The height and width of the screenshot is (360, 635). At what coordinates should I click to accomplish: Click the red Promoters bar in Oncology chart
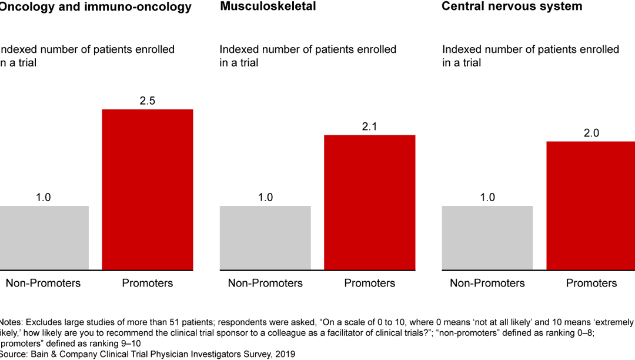point(148,189)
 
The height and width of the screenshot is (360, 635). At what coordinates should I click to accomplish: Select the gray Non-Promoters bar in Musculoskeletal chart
point(265,238)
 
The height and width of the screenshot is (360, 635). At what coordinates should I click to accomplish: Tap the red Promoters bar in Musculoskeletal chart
point(370,202)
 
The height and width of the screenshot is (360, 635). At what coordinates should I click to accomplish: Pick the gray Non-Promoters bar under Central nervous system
point(487,238)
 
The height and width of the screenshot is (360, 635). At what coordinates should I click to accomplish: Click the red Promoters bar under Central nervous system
point(591,205)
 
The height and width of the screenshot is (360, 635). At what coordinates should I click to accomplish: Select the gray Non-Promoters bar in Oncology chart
point(44,238)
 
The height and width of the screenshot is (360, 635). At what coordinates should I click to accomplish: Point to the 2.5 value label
point(148,101)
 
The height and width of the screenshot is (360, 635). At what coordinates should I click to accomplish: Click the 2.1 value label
point(370,126)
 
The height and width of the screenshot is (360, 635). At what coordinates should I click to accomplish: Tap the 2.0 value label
point(591,133)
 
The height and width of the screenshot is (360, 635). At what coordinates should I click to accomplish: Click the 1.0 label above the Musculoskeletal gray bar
point(265,197)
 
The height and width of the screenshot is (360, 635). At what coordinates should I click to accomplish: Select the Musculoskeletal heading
point(268,6)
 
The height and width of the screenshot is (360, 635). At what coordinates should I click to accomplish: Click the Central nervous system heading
point(512,6)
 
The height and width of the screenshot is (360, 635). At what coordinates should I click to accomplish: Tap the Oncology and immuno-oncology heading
point(95,7)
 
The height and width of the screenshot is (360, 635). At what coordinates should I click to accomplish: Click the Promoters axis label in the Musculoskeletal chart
point(370,283)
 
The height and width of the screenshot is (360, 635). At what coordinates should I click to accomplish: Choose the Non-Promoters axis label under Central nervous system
point(487,283)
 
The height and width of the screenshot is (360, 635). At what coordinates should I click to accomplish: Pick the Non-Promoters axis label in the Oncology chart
point(43,283)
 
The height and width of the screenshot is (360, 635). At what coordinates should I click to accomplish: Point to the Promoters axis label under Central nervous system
point(591,283)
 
